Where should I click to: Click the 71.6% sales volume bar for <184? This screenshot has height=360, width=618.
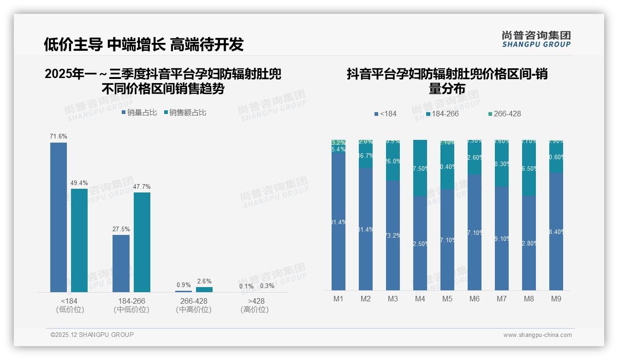coord(59,217)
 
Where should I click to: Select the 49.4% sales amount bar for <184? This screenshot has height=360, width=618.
coord(79,240)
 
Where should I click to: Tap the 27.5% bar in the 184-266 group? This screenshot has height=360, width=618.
coord(121,263)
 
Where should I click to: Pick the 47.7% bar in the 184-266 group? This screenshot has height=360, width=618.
coord(142,242)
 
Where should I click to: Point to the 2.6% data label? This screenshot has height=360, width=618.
coord(204,281)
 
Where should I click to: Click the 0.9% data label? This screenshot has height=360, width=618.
coord(184,285)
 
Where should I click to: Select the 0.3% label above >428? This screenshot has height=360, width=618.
coord(267,286)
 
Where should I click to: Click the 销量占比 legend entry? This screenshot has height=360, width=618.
coord(139,113)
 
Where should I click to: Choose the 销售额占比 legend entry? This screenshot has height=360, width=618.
coord(185,113)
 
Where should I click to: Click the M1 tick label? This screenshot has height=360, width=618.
coord(339,299)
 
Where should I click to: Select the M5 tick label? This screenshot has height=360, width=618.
coord(447,299)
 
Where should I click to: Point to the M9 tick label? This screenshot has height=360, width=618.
coord(556,299)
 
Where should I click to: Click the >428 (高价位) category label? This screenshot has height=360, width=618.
coord(254,305)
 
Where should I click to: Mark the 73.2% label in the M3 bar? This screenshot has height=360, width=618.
coord(393,235)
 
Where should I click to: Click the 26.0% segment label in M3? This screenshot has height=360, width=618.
coord(393,161)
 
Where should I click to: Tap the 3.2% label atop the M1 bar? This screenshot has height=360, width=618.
coord(339,143)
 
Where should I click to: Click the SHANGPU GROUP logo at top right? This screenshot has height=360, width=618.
coord(536,39)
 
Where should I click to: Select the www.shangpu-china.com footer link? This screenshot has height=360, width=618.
coord(537,335)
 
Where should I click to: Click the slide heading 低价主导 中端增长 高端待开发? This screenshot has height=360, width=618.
coord(143,44)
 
